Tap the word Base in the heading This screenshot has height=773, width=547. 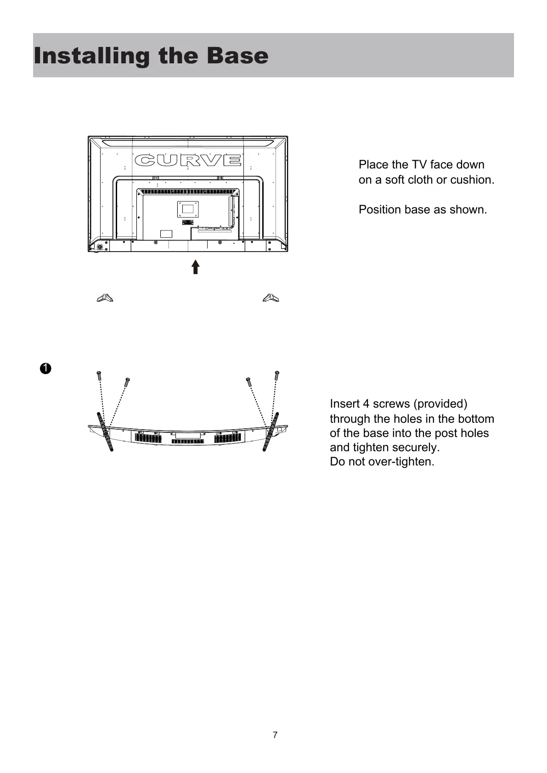(237, 56)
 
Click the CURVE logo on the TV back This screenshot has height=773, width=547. (188, 160)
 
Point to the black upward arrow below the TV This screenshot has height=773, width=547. (196, 267)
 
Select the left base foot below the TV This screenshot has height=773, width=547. (105, 298)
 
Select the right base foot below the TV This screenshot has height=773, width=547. (271, 298)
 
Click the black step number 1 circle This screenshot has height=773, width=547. (45, 369)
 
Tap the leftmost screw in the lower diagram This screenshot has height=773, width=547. (99, 375)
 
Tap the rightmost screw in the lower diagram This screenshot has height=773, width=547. (277, 375)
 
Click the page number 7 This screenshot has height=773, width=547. (275, 735)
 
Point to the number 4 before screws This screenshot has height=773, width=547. (366, 404)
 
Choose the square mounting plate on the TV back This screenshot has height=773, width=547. (188, 209)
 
